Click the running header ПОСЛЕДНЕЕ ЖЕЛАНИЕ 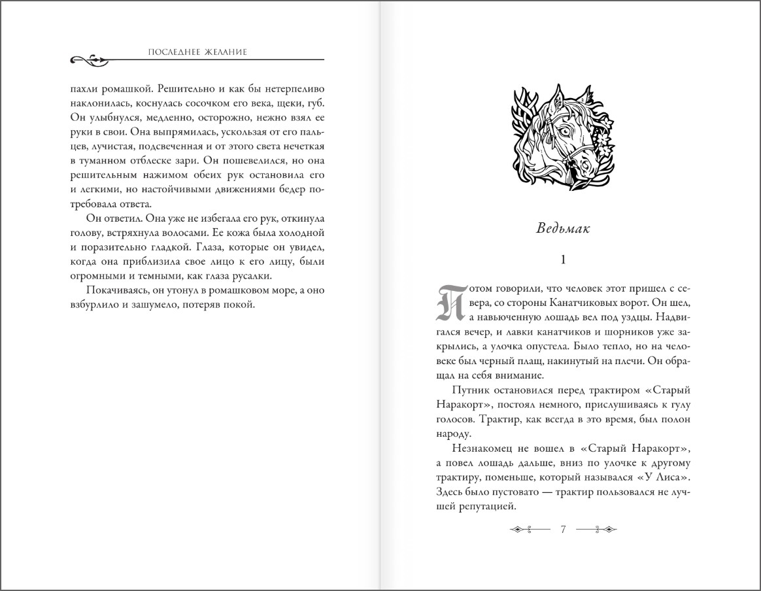click(197, 52)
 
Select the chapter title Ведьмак click(563, 228)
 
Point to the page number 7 click(563, 529)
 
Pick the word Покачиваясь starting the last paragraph click(116, 291)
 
